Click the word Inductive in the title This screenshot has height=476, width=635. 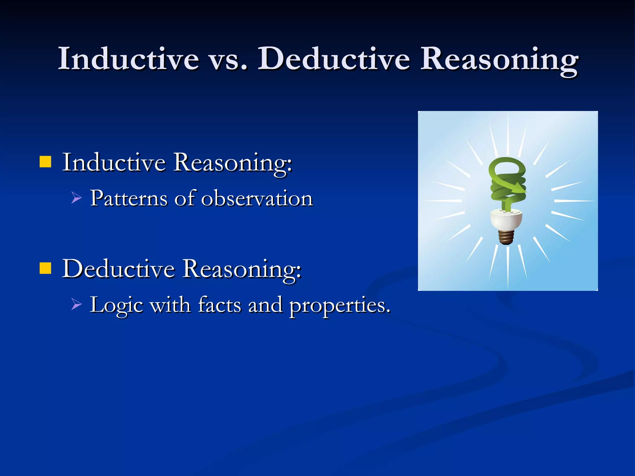pos(128,59)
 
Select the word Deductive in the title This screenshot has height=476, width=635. pos(334,59)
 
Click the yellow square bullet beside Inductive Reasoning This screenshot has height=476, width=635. pos(45,162)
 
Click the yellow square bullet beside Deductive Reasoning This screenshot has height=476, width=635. pos(45,268)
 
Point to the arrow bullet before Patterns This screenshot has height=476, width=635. pos(76,198)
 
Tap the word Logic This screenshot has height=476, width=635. pos(116,306)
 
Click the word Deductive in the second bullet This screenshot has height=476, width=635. pos(118,269)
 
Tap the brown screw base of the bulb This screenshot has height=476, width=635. pos(506,237)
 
